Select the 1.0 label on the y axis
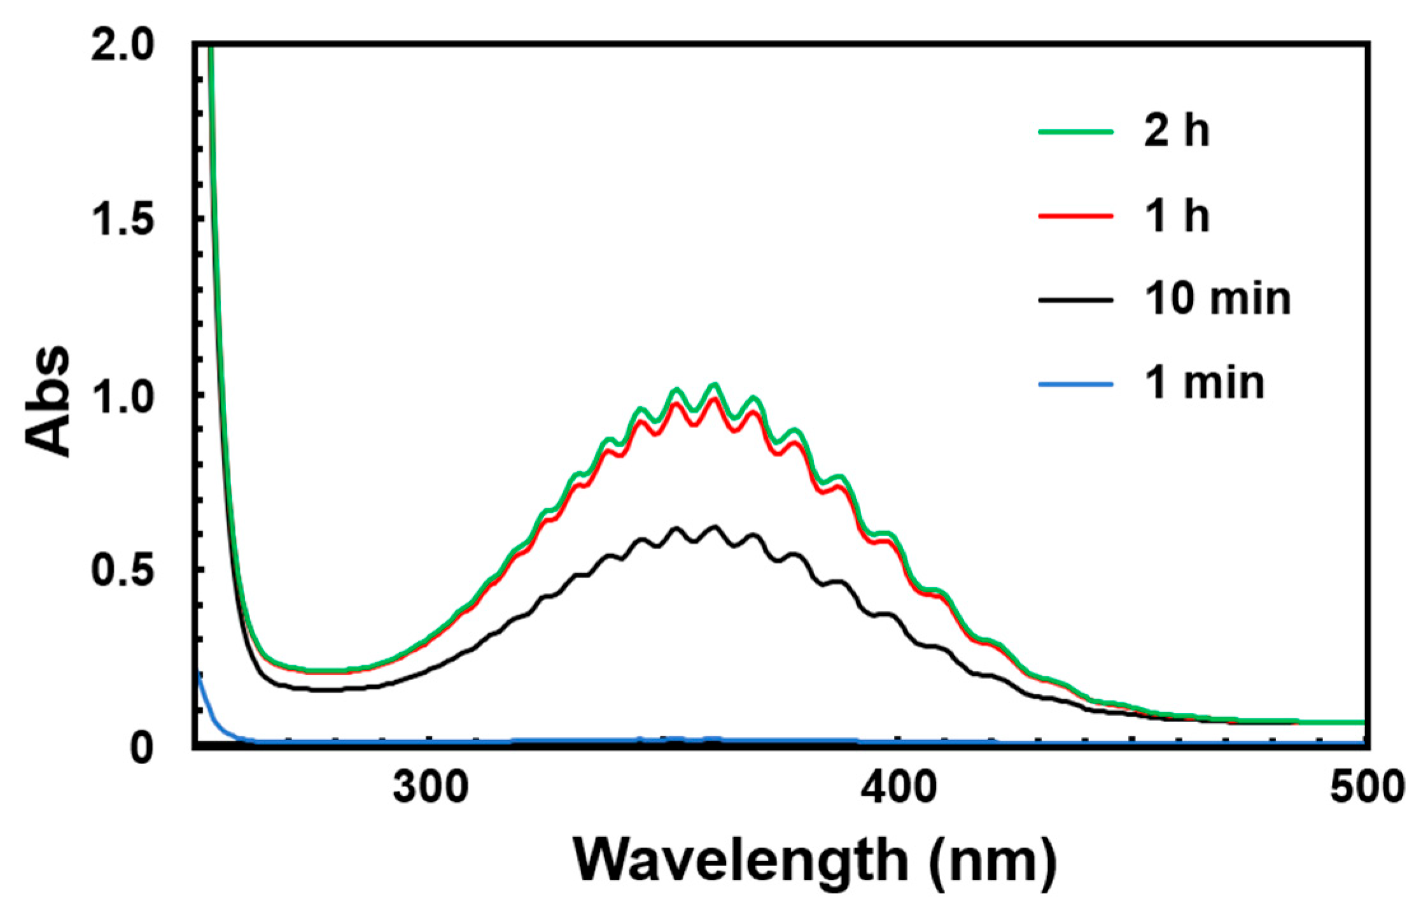click(x=122, y=395)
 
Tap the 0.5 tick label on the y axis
click(x=122, y=571)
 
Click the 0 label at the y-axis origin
click(x=141, y=747)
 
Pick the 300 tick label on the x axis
click(x=430, y=788)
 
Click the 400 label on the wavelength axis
click(x=898, y=788)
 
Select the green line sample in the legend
click(x=1076, y=132)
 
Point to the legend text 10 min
click(x=1217, y=299)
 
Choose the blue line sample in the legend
click(x=1076, y=384)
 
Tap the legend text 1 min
click(x=1204, y=384)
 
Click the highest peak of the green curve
click(x=714, y=384)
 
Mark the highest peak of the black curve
click(x=714, y=527)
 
